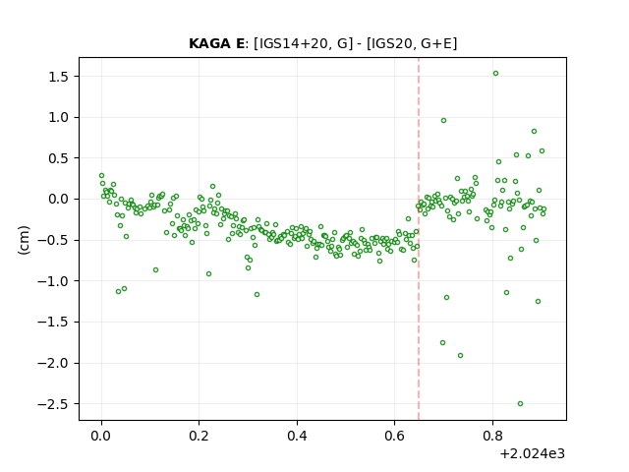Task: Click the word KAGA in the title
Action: click(x=210, y=43)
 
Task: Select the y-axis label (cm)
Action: click(x=24, y=240)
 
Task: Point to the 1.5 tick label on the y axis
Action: click(x=59, y=77)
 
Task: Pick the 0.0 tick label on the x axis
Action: click(x=101, y=436)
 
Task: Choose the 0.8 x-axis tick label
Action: click(x=492, y=436)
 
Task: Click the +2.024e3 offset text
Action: click(x=533, y=453)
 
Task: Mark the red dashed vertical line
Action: click(x=419, y=239)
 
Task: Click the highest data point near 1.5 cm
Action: click(x=495, y=74)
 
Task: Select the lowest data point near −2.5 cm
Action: click(x=520, y=404)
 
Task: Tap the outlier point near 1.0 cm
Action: click(x=443, y=120)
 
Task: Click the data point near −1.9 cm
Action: click(x=461, y=356)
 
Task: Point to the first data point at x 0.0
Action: click(x=101, y=176)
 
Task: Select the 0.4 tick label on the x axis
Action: click(x=297, y=436)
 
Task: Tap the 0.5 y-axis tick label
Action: click(x=59, y=158)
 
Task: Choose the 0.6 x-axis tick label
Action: click(x=394, y=436)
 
